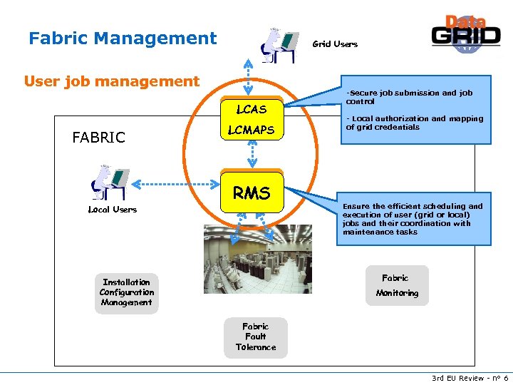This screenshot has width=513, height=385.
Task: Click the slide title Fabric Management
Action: click(123, 38)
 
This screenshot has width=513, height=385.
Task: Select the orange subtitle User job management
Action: click(112, 81)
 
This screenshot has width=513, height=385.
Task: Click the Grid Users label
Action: click(335, 44)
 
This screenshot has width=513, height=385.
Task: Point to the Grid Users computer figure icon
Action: click(277, 44)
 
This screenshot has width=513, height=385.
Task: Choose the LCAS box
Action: click(252, 109)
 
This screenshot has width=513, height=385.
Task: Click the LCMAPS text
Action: click(251, 130)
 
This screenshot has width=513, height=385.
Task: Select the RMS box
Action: click(252, 193)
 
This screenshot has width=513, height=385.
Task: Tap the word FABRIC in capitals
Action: click(99, 138)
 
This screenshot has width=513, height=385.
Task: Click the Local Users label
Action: click(112, 210)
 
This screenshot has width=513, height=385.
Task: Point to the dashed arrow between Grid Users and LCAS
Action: click(247, 76)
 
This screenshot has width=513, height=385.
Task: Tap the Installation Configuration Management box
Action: click(127, 292)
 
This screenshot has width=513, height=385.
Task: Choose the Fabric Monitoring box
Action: click(397, 285)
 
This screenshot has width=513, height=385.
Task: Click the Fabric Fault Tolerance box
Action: click(255, 337)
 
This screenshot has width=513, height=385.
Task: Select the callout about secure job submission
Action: click(415, 110)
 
